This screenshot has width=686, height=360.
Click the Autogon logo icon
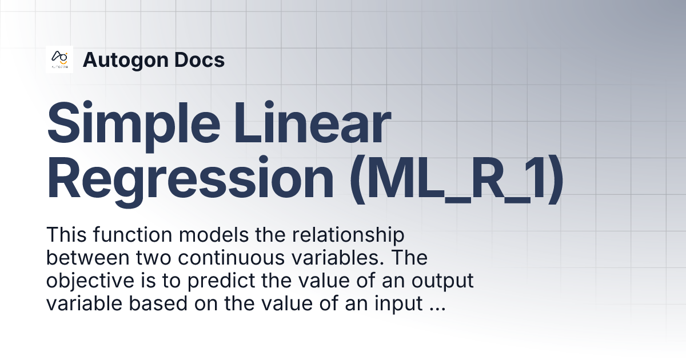59,59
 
